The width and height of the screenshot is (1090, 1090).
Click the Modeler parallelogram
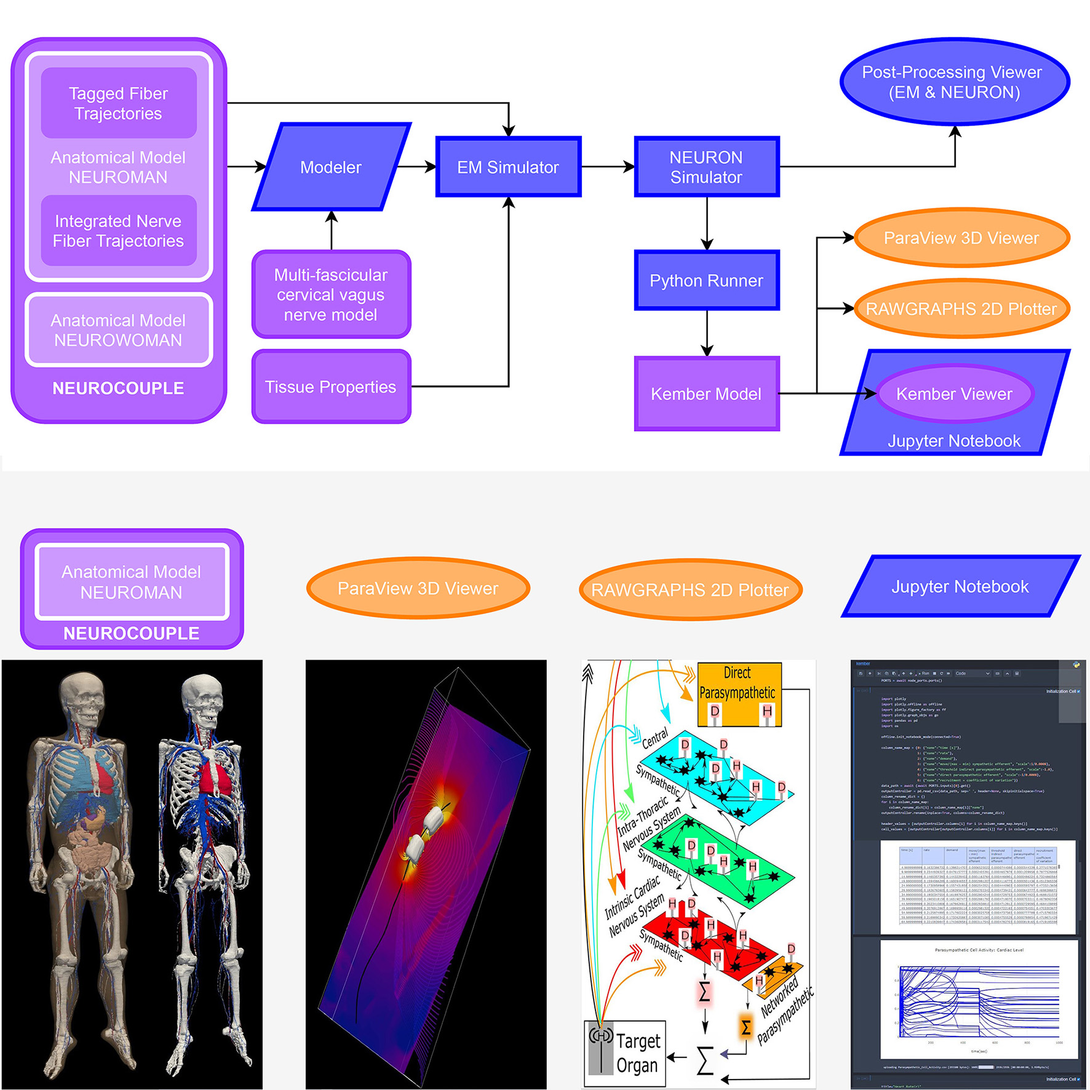pos(331,167)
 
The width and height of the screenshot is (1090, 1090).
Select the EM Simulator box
pos(508,167)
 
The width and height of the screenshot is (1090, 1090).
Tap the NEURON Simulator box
pos(706,167)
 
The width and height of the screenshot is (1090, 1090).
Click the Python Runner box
pos(706,280)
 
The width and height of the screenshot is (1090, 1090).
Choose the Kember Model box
pos(706,394)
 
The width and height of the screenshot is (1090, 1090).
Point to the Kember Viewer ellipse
pos(954,394)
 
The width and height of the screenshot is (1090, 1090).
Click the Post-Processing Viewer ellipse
pos(953,82)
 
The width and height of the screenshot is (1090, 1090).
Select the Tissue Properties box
pos(331,387)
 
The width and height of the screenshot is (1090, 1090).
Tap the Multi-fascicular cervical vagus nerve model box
pos(331,295)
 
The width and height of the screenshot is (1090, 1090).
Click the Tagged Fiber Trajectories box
pos(118,103)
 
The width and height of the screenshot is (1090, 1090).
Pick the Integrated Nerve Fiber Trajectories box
pos(118,231)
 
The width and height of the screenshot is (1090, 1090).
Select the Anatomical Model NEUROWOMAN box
pos(118,330)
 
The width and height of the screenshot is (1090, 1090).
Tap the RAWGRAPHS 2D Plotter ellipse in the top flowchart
pos(961,309)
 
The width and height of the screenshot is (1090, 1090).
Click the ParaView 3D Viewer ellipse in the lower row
pos(418,588)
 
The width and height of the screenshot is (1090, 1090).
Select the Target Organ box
pos(624,1053)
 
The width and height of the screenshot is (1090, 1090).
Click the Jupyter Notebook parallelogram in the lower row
pos(960,586)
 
